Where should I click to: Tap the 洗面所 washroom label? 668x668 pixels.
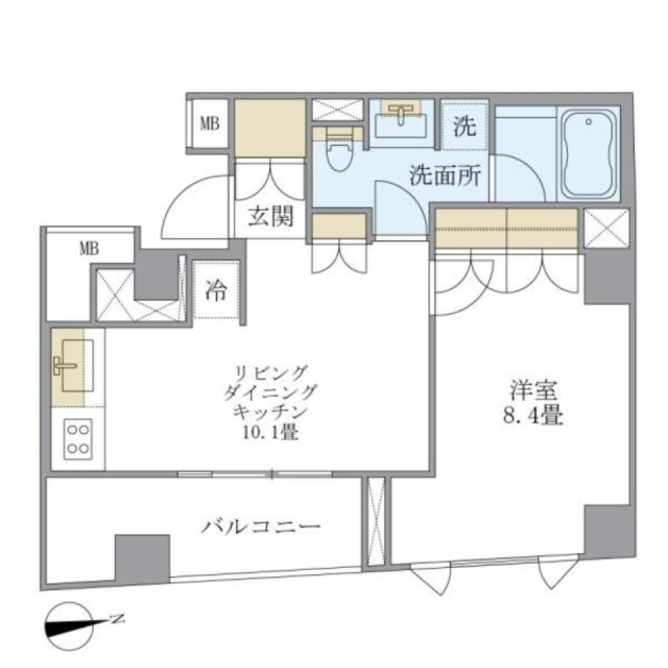point(444,176)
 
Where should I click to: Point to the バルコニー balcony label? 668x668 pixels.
point(262,526)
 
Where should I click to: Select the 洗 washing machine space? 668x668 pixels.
point(464,126)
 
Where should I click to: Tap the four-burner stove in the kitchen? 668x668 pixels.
point(78,439)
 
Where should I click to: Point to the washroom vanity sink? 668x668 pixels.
point(402,121)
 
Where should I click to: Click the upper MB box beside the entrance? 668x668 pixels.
point(209,125)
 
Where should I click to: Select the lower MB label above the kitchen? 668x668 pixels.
point(88,248)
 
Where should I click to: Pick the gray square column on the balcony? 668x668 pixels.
point(142,557)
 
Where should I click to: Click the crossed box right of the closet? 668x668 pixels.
point(606,228)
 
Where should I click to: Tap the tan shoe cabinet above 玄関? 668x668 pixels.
point(270,128)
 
